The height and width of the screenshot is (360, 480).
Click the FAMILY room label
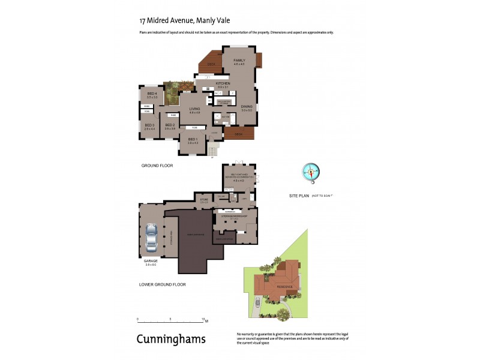[239, 61]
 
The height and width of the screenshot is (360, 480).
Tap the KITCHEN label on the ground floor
[223, 84]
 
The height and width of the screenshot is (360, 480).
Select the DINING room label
[247, 107]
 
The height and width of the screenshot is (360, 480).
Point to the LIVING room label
[194, 109]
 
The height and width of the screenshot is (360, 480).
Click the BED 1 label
[192, 139]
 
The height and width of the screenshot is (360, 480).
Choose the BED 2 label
[170, 125]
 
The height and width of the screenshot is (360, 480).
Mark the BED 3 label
[149, 125]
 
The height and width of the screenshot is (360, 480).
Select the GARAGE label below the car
[150, 261]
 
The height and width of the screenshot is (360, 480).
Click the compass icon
[311, 172]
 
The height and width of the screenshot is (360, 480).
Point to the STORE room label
[203, 199]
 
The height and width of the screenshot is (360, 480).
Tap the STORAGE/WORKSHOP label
[234, 217]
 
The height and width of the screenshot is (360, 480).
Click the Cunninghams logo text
[171, 339]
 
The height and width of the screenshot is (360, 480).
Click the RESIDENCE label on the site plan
[285, 286]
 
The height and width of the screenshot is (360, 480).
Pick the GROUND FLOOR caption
[157, 165]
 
